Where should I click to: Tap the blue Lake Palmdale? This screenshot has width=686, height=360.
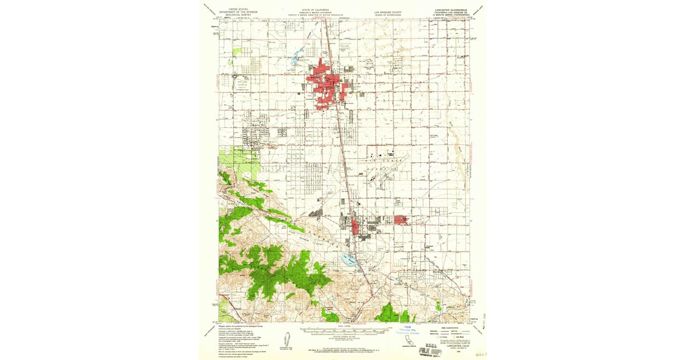pos(349,261)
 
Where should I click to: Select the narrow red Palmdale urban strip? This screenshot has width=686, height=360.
pos(355,227)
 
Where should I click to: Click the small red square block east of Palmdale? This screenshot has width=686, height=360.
pos(401,220)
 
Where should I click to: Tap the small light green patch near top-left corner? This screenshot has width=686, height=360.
pos(237,51)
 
